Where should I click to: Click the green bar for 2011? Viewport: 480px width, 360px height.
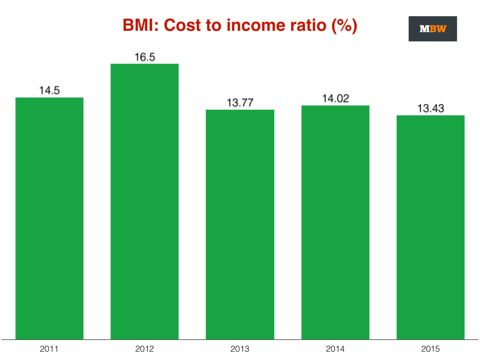49,219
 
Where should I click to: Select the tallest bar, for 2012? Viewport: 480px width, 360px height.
144,202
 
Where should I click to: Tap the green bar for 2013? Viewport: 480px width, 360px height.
240,224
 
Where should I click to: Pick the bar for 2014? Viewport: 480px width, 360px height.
335,222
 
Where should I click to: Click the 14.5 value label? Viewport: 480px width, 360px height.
49,90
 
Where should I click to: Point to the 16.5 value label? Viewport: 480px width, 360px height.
144,57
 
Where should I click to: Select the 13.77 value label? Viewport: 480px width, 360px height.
240,103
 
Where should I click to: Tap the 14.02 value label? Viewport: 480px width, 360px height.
335,99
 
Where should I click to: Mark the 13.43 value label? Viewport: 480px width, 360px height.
430,108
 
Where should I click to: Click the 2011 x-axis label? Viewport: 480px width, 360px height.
49,349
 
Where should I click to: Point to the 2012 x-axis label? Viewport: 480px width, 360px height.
144,349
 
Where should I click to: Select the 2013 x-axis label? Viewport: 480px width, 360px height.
240,349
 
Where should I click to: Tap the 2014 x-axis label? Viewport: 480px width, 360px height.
335,349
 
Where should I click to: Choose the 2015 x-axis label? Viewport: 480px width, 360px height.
430,349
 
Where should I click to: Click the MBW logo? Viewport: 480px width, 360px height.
433,29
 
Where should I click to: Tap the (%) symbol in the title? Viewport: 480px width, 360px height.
344,26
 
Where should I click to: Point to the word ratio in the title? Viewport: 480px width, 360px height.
306,26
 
